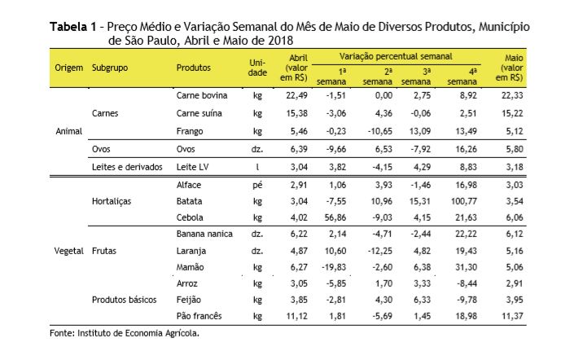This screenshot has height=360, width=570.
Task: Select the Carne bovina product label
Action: pyautogui.click(x=201, y=96)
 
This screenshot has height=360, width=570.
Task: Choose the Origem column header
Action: pyautogui.click(x=69, y=67)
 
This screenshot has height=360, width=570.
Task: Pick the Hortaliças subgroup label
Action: pyautogui.click(x=112, y=200)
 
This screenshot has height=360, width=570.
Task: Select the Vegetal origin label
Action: pyautogui.click(x=69, y=250)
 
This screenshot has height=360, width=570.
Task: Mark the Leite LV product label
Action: pyautogui.click(x=194, y=167)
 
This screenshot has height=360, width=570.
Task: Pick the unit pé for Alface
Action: pyautogui.click(x=257, y=185)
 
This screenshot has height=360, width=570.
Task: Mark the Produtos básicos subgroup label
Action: pyautogui.click(x=125, y=300)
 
